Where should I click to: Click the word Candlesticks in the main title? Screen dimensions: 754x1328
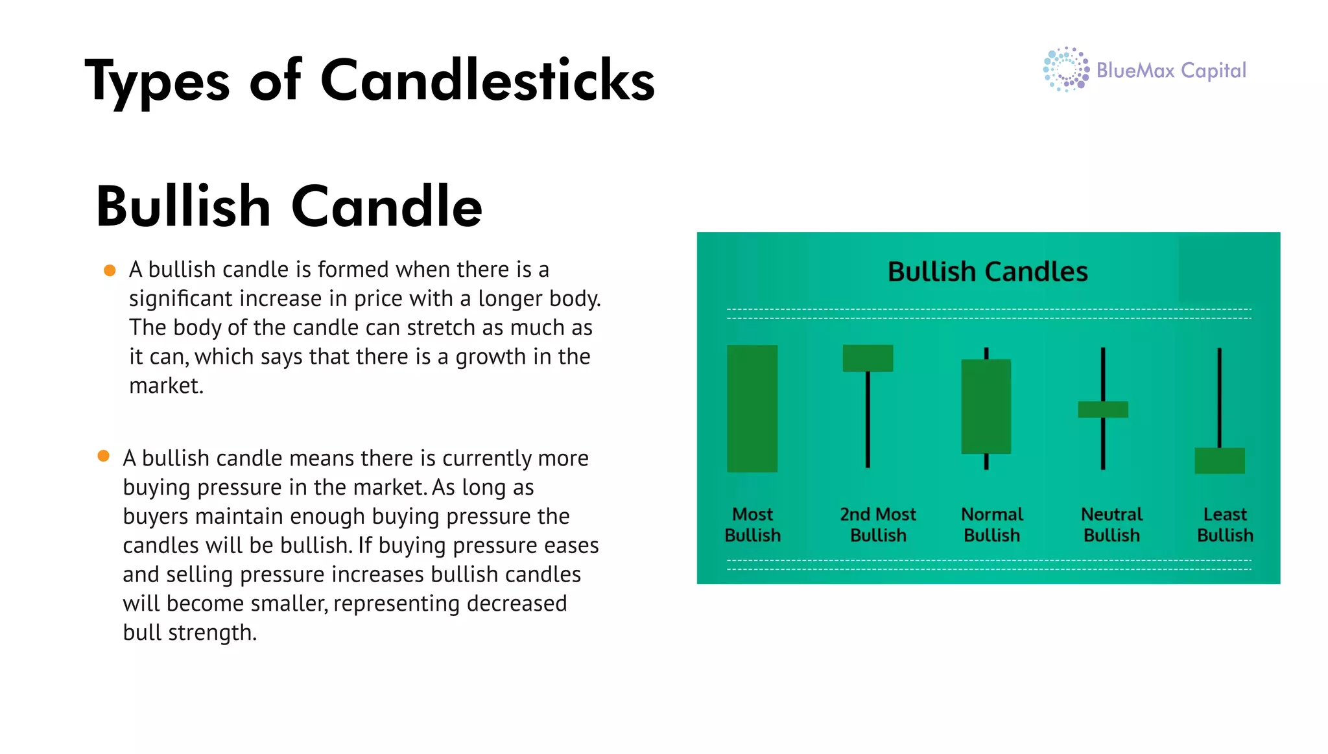pyautogui.click(x=487, y=81)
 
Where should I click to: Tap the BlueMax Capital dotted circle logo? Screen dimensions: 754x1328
pyautogui.click(x=1065, y=69)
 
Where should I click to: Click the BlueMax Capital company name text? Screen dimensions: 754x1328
pyautogui.click(x=1171, y=70)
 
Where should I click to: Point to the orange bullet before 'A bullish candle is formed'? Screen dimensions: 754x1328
pyautogui.click(x=110, y=270)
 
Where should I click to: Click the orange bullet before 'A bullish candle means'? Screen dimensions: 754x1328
pyautogui.click(x=104, y=456)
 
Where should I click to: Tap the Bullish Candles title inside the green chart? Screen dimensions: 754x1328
pyautogui.click(x=987, y=272)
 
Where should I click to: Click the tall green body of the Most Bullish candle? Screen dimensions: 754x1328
pyautogui.click(x=752, y=408)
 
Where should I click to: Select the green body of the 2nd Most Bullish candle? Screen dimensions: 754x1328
pyautogui.click(x=868, y=358)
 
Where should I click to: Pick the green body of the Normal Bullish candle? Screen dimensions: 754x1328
pyautogui.click(x=986, y=406)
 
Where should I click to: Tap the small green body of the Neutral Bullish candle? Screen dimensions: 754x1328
pyautogui.click(x=1102, y=410)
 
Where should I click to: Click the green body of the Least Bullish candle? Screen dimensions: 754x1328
pyautogui.click(x=1220, y=460)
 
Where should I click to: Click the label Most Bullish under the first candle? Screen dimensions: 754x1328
pyautogui.click(x=752, y=524)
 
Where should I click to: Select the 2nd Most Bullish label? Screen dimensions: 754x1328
pyautogui.click(x=878, y=524)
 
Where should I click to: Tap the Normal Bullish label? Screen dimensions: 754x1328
pyautogui.click(x=991, y=524)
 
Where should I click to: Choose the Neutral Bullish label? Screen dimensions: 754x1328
pyautogui.click(x=1111, y=524)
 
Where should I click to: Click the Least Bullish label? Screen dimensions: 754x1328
pyautogui.click(x=1225, y=524)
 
